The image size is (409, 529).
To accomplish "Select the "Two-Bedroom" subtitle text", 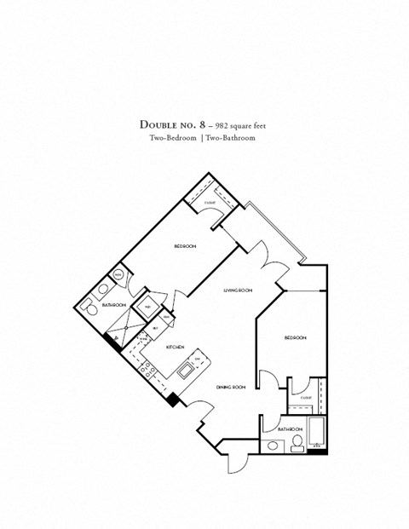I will [x=169, y=137].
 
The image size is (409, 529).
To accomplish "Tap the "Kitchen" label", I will [x=176, y=348].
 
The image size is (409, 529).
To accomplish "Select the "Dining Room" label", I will [x=231, y=388].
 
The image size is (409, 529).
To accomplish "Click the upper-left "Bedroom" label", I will [x=185, y=246].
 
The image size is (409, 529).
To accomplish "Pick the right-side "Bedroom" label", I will [x=295, y=338].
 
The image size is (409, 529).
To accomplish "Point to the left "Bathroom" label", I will [x=114, y=305].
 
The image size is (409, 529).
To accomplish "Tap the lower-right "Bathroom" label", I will [x=290, y=428].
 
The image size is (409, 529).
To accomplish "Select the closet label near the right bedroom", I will [x=305, y=397].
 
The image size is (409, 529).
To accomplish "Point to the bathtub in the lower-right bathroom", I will [x=317, y=432].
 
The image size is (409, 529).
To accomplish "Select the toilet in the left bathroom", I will [x=89, y=306].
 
